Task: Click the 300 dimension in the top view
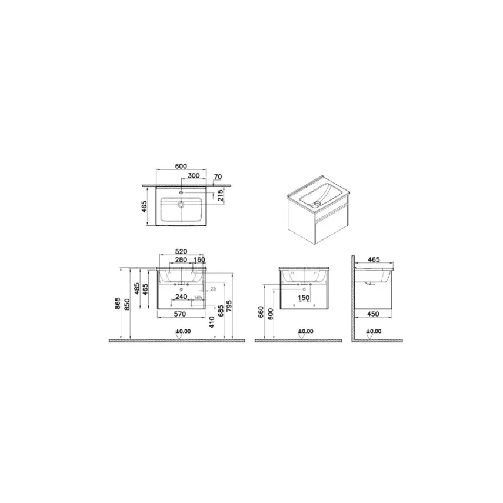tap(194, 176)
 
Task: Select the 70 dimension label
tap(217, 176)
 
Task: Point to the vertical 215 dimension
tap(220, 196)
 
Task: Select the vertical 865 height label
tap(118, 303)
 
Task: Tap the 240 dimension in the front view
tap(181, 298)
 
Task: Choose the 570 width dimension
tap(181, 314)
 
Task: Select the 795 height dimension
tap(230, 306)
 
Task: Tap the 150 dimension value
tap(304, 298)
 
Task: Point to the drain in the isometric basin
tap(317, 204)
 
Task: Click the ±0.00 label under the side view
tap(374, 332)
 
